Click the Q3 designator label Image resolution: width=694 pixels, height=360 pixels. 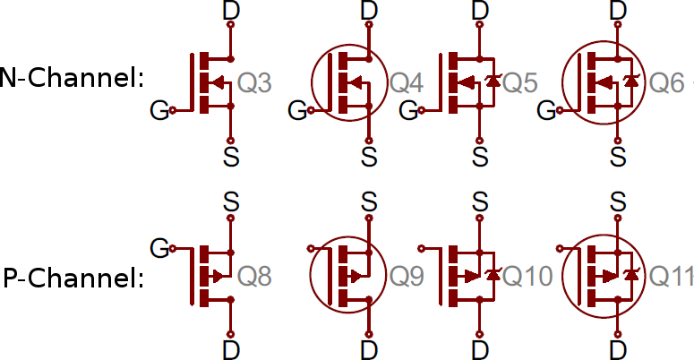pyautogui.click(x=254, y=82)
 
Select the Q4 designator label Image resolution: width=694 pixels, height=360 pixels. pyautogui.click(x=407, y=82)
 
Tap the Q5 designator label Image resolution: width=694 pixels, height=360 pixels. pyautogui.click(x=520, y=82)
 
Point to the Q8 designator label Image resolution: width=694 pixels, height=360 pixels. pyautogui.click(x=254, y=277)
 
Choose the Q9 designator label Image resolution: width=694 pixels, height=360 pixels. pyautogui.click(x=407, y=277)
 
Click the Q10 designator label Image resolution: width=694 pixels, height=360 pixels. pyautogui.click(x=528, y=277)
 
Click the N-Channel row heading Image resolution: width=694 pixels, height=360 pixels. pyautogui.click(x=71, y=78)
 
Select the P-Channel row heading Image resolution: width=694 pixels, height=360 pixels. pyautogui.click(x=73, y=279)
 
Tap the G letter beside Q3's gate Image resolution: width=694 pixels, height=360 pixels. pyautogui.click(x=159, y=111)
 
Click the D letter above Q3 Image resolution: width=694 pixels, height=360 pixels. pyautogui.click(x=231, y=10)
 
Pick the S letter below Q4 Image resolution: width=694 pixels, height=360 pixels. pyautogui.click(x=369, y=157)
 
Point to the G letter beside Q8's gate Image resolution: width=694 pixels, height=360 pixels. pyautogui.click(x=159, y=248)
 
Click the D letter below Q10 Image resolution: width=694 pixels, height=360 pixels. pyautogui.click(x=480, y=350)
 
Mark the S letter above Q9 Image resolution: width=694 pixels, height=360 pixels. pyautogui.click(x=369, y=201)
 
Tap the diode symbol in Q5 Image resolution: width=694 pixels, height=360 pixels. pyautogui.click(x=493, y=81)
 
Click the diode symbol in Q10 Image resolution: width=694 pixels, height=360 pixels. pyautogui.click(x=493, y=276)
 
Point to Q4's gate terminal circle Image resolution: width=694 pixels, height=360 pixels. pyautogui.click(x=311, y=110)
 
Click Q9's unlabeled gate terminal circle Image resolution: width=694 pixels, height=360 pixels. pyautogui.click(x=311, y=249)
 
